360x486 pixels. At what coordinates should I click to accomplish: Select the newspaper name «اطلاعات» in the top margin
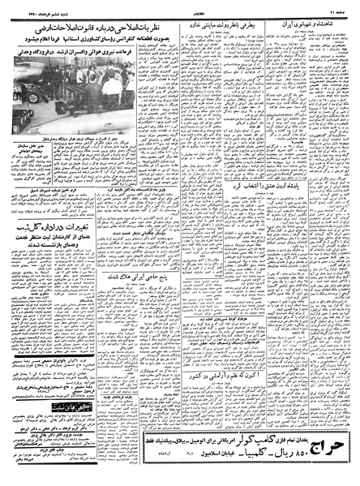click(x=180, y=7)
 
